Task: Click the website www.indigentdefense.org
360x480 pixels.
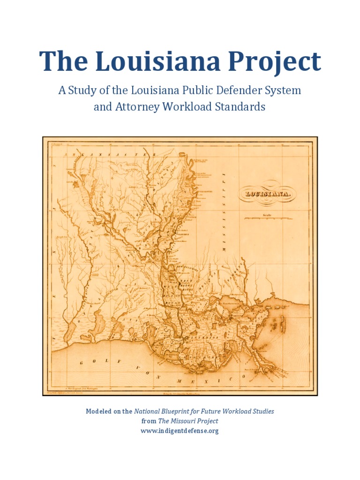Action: click(x=180, y=431)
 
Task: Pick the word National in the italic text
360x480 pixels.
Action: click(x=147, y=411)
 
